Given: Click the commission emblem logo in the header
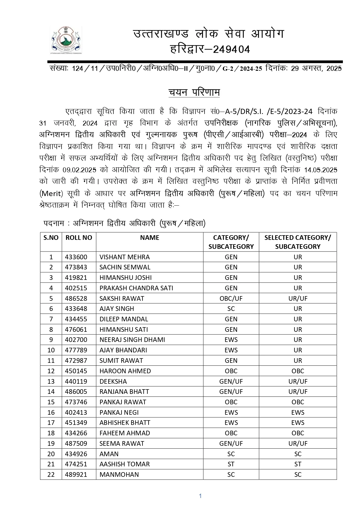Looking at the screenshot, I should click(x=66, y=40).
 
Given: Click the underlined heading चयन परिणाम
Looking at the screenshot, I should click(x=194, y=92).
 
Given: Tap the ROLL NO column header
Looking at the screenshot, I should click(x=79, y=238).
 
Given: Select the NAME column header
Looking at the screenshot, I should click(x=149, y=238).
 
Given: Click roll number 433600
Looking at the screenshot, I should click(x=76, y=257).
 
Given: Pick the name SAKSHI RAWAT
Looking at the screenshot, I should click(x=122, y=298).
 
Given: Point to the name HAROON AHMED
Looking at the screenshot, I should click(x=125, y=371).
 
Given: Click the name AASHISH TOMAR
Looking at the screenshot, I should click(x=124, y=464).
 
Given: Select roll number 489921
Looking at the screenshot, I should click(x=76, y=474).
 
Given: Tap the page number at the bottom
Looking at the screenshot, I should click(x=200, y=496).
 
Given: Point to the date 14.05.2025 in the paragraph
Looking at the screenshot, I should click(x=321, y=170).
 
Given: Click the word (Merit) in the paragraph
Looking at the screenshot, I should click(x=51, y=193).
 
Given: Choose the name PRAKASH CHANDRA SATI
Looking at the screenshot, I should click(x=136, y=288).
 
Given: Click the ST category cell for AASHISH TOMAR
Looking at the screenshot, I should click(x=231, y=464).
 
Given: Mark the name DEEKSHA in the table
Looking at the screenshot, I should click(x=113, y=381).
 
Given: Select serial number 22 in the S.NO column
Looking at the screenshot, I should click(x=51, y=474).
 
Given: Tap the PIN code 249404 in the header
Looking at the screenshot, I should click(x=231, y=50).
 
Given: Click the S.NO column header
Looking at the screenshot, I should click(x=51, y=238).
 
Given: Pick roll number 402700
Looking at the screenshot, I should click(x=76, y=340).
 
